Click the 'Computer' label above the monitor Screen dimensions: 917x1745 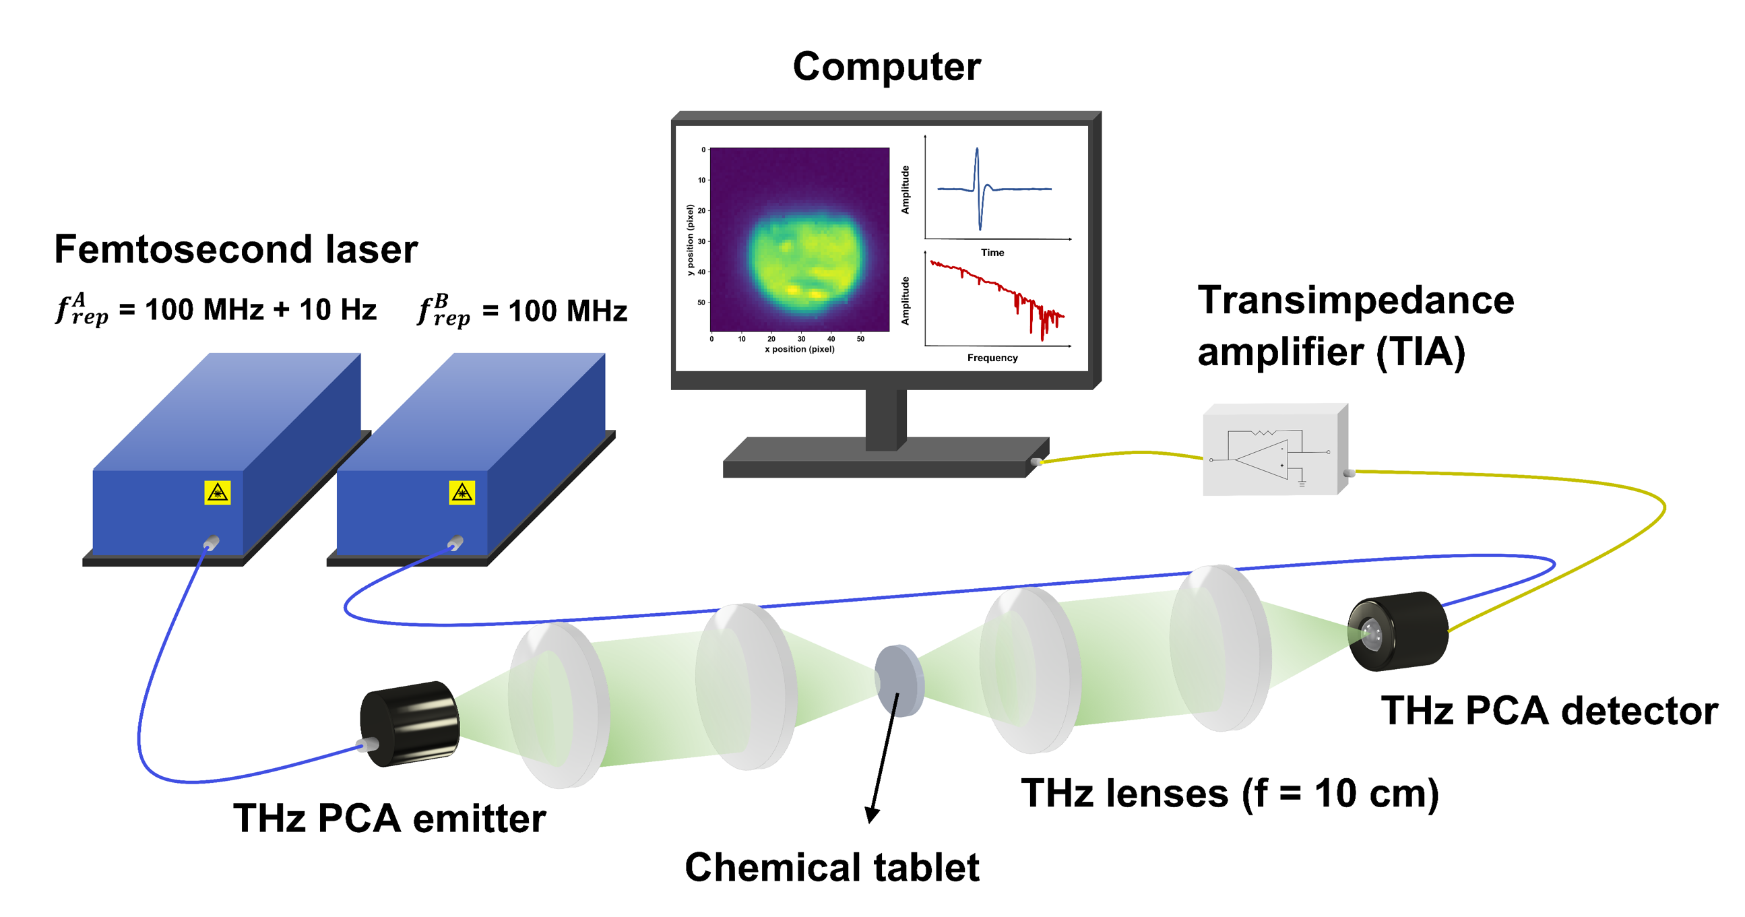[886, 67]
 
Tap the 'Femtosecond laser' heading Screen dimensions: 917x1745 [236, 249]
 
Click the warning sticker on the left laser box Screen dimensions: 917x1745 [218, 493]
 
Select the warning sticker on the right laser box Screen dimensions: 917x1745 [462, 493]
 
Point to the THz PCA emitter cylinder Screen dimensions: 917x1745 [410, 724]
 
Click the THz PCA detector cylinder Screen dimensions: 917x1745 [1398, 631]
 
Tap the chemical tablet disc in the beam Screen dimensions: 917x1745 [899, 679]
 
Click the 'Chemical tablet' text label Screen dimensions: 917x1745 [832, 868]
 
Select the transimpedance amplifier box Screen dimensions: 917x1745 [1274, 450]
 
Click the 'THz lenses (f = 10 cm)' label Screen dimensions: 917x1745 [1230, 793]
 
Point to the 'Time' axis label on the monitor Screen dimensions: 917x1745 [992, 253]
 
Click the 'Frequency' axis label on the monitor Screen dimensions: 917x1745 [992, 358]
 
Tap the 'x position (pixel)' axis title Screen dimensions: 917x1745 [799, 350]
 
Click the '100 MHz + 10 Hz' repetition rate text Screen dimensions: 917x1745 [261, 310]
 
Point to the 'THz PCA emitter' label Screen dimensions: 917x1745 [389, 818]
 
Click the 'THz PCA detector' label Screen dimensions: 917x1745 [1549, 711]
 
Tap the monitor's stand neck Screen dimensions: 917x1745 [885, 418]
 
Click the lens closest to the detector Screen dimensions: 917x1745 [1219, 649]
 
